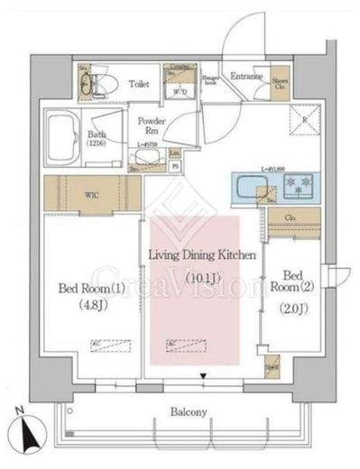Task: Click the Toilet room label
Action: pyautogui.click(x=138, y=84)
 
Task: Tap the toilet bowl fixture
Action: pyautogui.click(x=94, y=85)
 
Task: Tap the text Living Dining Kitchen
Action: pyautogui.click(x=202, y=256)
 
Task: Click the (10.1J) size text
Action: pyautogui.click(x=202, y=278)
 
